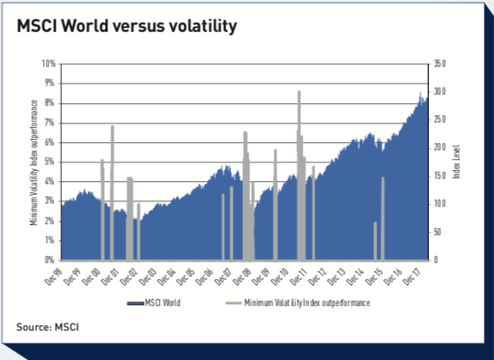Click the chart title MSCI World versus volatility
click(x=127, y=26)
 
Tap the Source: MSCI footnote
click(x=48, y=326)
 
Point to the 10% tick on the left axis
click(x=48, y=64)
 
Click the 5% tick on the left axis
click(x=50, y=161)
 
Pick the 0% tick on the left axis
click(x=50, y=260)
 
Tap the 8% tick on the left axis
click(x=50, y=103)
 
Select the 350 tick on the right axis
click(x=442, y=64)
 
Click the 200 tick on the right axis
click(x=442, y=148)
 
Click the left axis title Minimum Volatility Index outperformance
click(x=34, y=162)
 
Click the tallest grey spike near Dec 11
click(x=299, y=92)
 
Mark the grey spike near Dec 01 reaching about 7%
click(x=112, y=127)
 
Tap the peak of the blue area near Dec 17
click(x=420, y=94)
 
